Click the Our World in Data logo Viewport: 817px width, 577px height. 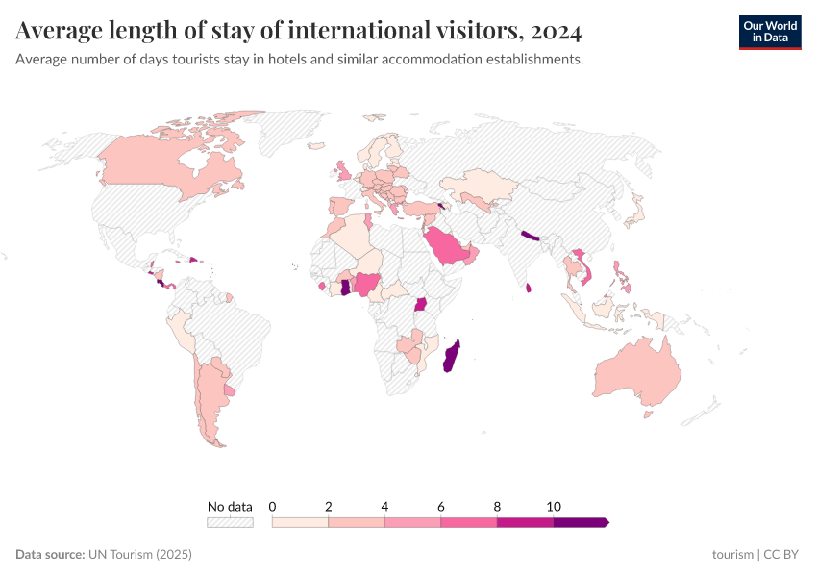[x=769, y=32]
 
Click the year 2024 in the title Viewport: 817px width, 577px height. [x=555, y=32]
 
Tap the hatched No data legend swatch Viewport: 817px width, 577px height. [x=230, y=522]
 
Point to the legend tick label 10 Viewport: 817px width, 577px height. [x=554, y=506]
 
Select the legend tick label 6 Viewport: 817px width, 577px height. [x=441, y=506]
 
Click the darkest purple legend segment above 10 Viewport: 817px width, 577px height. [x=580, y=522]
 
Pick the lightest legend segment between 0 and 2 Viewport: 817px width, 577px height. [x=300, y=522]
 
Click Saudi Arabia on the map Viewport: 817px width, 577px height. [x=448, y=247]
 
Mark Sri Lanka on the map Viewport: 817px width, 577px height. [x=530, y=287]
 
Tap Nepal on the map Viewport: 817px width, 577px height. [x=531, y=236]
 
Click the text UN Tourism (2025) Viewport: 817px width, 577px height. [x=140, y=555]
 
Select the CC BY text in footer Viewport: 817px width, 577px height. [x=781, y=555]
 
